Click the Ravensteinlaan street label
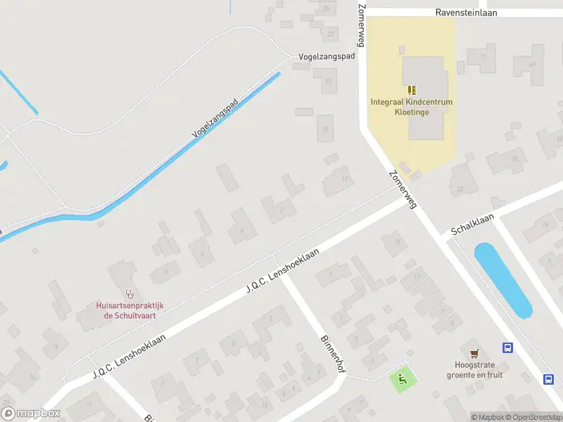coord(467,13)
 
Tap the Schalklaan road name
coord(472,224)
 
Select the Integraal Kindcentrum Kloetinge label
coord(412,106)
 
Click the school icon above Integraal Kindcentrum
coord(412,89)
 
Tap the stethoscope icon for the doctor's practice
coord(129,293)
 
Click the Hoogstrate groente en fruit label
coord(475,370)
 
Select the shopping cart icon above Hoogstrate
coord(475,352)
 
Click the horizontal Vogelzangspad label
coord(326,56)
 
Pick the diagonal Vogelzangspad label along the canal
coord(215,117)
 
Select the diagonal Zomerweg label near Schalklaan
coord(403,189)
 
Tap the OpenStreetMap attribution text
coord(533,417)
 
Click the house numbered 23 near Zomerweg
coord(331,32)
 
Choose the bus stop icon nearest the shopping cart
coord(507,347)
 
